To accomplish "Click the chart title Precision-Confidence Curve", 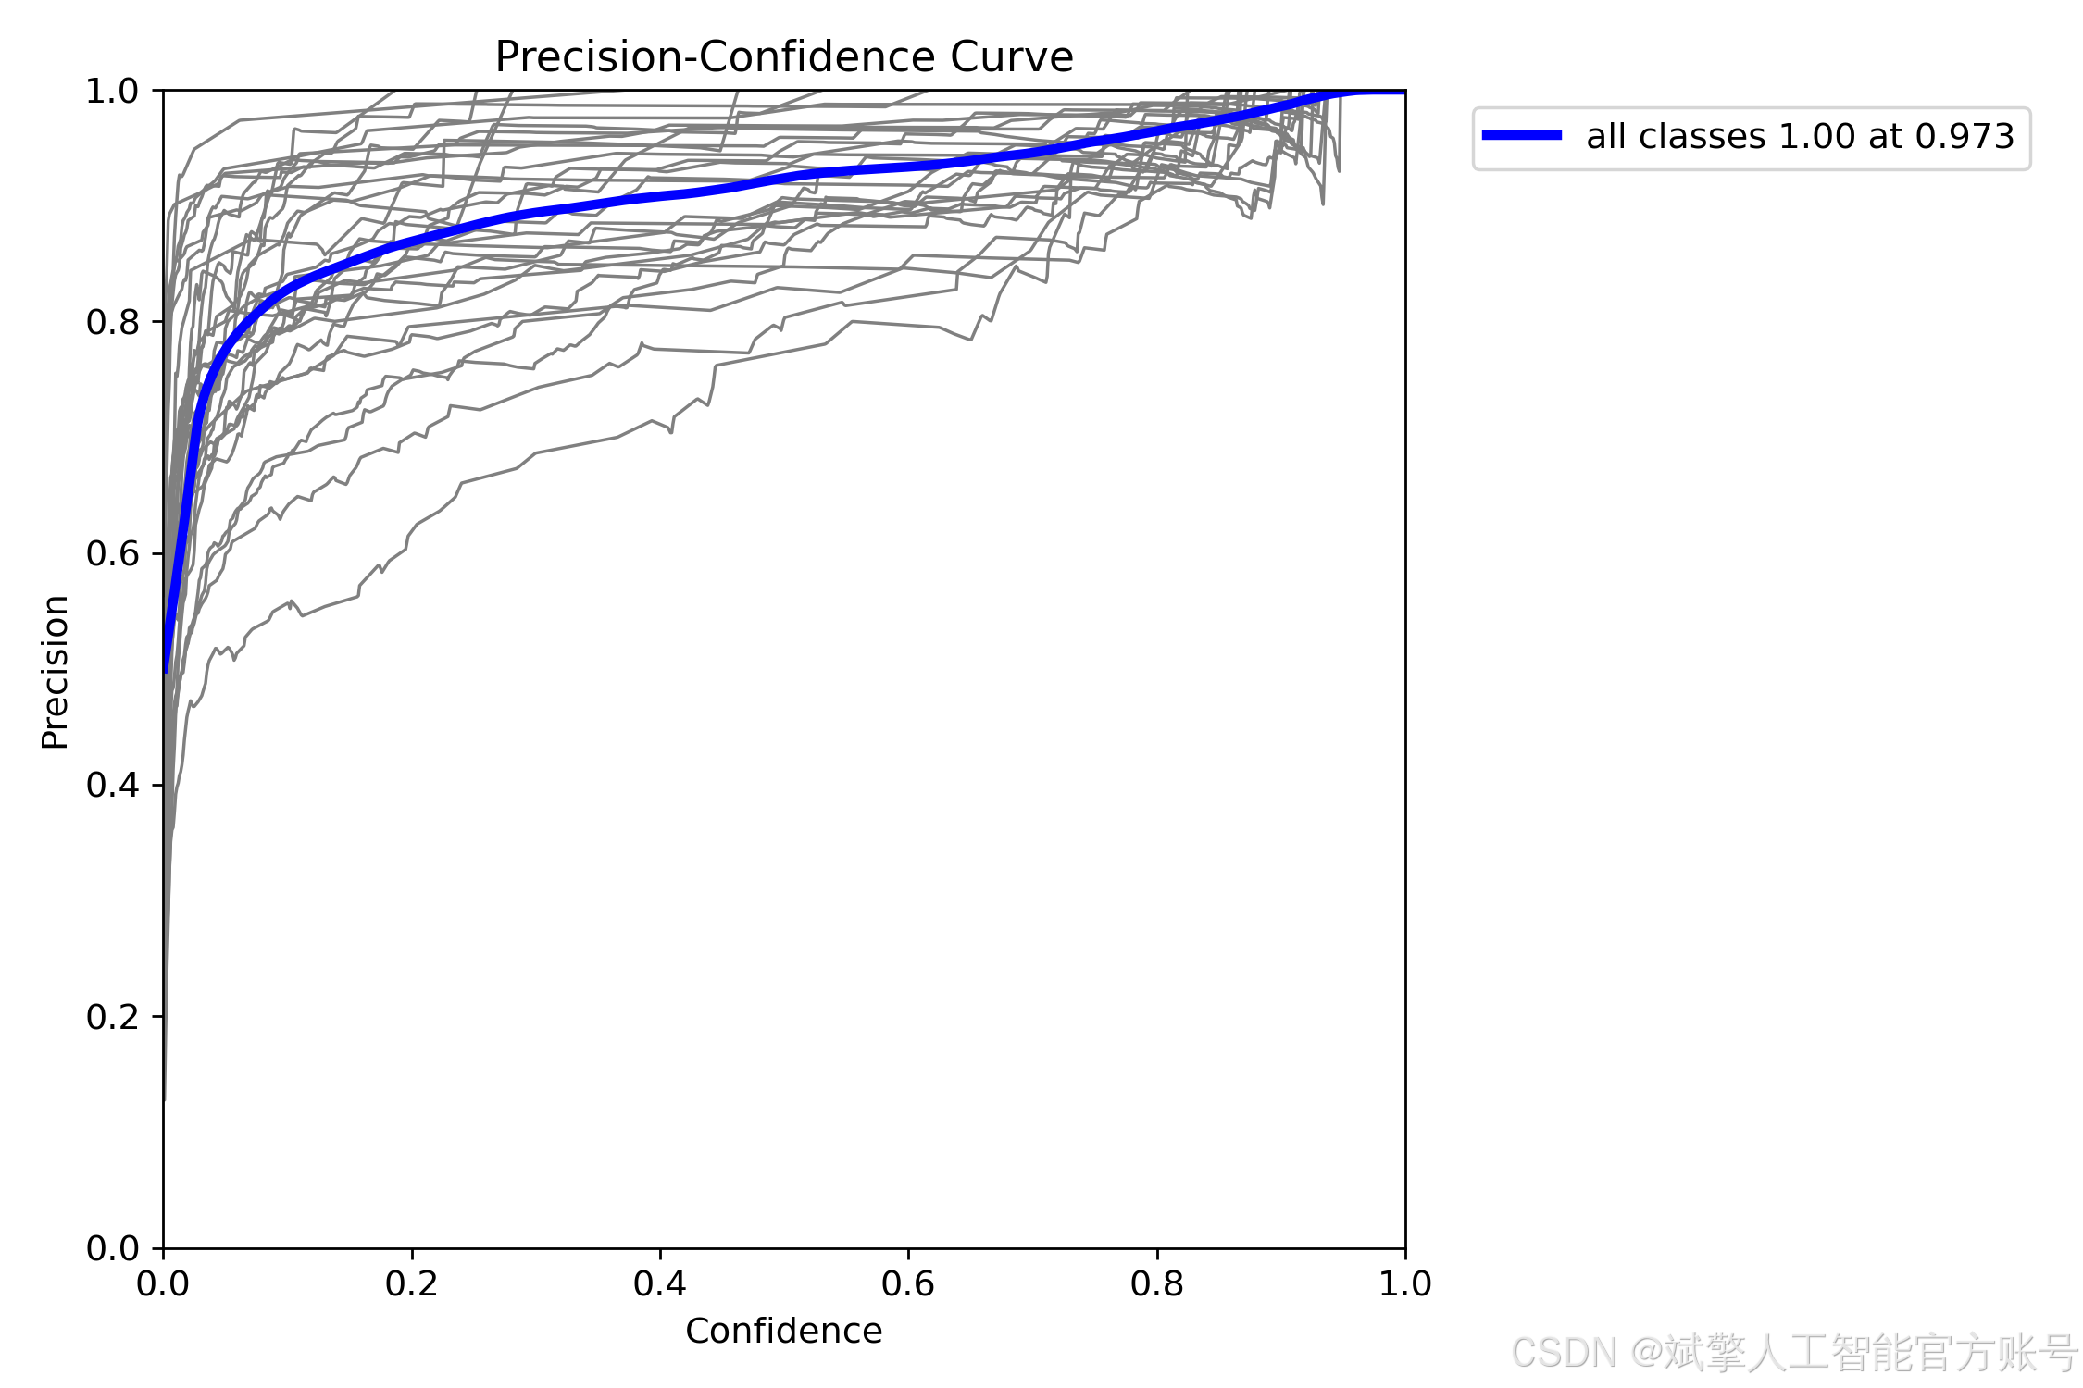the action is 784,57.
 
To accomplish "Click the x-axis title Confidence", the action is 784,1331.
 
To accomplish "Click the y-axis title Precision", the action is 56,672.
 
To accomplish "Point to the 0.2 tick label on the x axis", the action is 412,1283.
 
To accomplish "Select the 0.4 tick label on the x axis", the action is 660,1283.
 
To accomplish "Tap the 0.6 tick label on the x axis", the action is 908,1283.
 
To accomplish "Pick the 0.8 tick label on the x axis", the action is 1157,1283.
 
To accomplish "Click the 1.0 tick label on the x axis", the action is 1405,1283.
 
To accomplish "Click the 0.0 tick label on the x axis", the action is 163,1283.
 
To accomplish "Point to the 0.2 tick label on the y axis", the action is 112,1017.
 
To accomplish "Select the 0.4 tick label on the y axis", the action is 112,786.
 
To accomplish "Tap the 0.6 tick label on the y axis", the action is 112,554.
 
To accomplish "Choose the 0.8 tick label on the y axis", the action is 112,323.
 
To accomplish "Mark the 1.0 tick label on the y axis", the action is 112,92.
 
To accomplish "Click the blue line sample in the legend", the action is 1522,135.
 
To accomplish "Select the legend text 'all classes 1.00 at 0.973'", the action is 1801,136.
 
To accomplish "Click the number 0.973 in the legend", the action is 1965,136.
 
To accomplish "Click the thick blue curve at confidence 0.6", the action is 908,167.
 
